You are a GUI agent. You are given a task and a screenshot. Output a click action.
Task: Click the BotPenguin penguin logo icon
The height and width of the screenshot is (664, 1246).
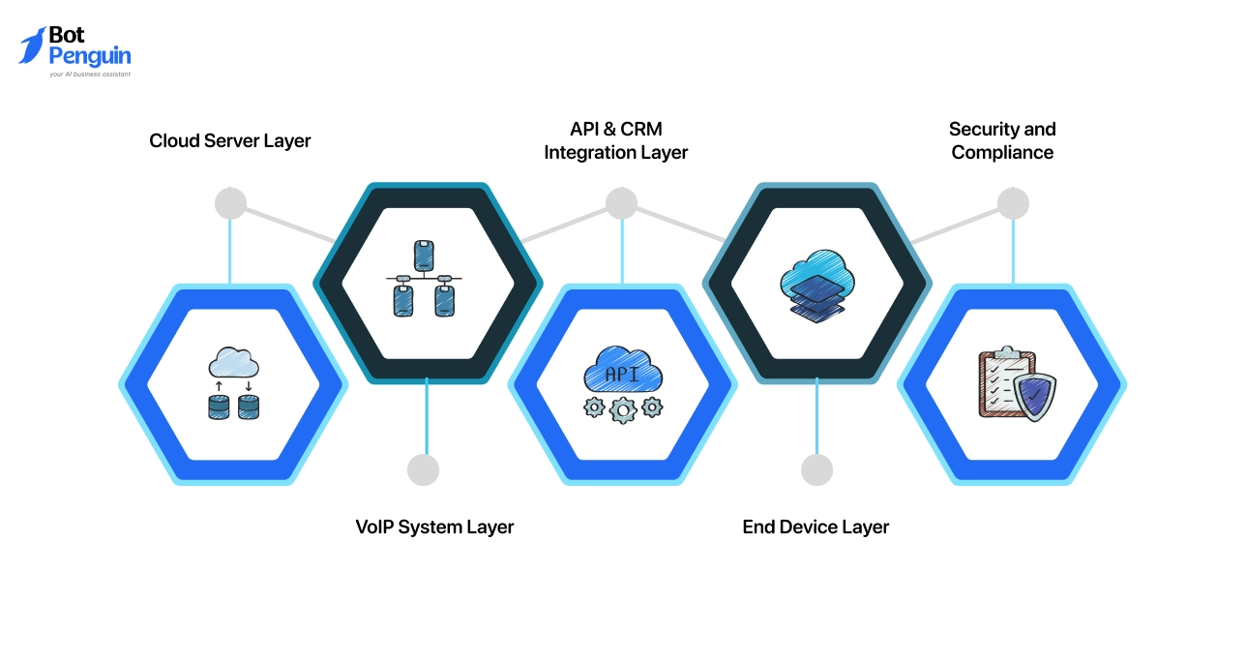(x=32, y=45)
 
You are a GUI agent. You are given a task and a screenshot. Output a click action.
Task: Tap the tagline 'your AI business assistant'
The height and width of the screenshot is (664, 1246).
(x=90, y=74)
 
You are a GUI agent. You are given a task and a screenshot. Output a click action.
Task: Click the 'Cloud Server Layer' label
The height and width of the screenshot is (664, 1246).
(x=230, y=141)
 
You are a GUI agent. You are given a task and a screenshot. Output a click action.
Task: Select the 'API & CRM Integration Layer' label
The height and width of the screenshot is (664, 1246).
(x=616, y=141)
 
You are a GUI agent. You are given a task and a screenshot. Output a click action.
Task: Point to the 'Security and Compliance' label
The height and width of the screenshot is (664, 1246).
(x=1002, y=141)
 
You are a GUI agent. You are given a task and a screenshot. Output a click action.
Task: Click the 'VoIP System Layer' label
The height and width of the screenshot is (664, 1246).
(x=434, y=528)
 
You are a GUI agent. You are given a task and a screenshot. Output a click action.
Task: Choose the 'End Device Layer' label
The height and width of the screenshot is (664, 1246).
(x=816, y=528)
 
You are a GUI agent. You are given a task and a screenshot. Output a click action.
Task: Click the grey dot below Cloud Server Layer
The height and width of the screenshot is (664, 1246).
(x=230, y=203)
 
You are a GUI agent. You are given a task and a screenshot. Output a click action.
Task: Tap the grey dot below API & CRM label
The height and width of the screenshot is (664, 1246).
(x=621, y=203)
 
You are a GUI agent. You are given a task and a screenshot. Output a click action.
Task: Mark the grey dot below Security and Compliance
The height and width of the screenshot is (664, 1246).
(x=1013, y=203)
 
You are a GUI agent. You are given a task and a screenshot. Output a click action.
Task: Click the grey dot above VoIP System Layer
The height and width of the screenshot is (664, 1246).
(x=424, y=469)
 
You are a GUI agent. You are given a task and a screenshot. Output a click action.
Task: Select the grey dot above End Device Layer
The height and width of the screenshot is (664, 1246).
(x=816, y=469)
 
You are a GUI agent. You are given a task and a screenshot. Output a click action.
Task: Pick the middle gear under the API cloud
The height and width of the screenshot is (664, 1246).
(x=622, y=409)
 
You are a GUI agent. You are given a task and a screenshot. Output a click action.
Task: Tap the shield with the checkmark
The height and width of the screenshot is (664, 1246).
(x=1036, y=397)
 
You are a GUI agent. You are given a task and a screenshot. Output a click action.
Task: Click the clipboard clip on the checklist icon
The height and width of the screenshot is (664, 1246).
(x=1000, y=352)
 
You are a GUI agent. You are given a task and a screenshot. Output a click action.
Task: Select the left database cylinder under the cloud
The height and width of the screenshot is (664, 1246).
(x=220, y=407)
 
